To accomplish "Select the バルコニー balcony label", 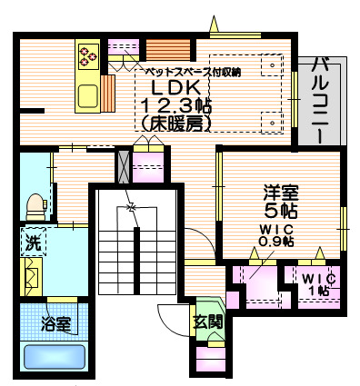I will point(321,99).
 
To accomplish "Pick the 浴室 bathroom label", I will point(55,322).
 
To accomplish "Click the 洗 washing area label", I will point(29,243).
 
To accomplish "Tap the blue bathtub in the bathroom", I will point(54,357).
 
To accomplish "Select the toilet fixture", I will point(35,205).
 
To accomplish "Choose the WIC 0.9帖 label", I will point(275,235).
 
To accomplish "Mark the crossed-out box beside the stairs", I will point(125,166).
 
